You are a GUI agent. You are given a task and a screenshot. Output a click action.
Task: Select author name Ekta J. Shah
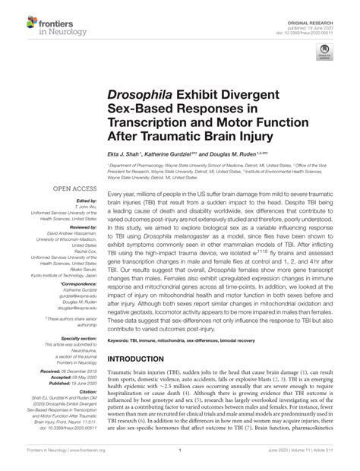coord(126,153)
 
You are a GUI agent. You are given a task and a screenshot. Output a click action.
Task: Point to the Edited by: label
coord(77,201)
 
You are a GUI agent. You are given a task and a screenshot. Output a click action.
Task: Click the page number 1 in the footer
coord(180,461)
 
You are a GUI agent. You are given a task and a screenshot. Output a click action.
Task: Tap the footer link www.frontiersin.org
coord(86,461)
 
